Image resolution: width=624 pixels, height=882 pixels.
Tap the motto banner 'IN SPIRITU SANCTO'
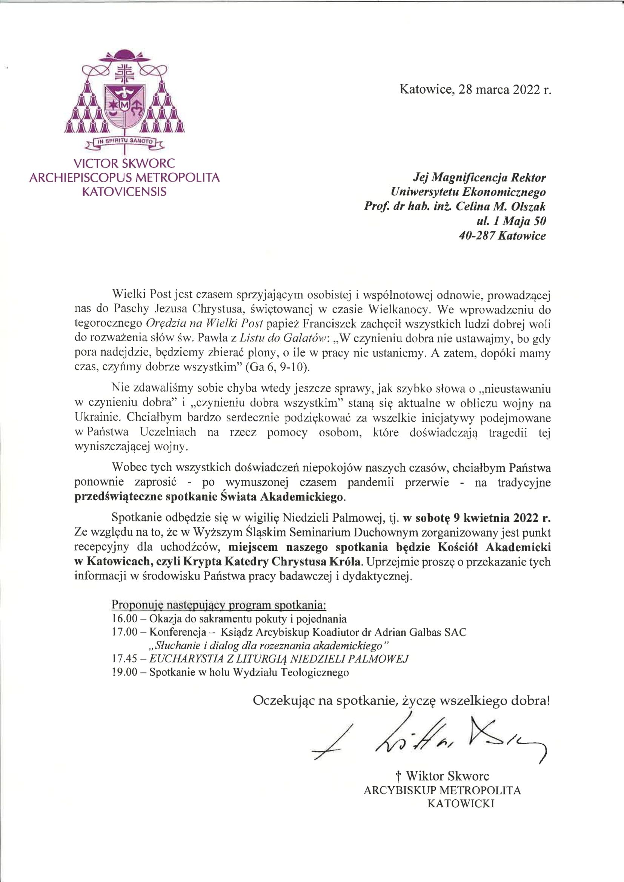pyautogui.click(x=125, y=141)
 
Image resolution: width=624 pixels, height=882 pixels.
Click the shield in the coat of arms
pyautogui.click(x=125, y=104)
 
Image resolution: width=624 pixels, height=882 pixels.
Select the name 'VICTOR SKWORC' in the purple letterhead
pyautogui.click(x=124, y=163)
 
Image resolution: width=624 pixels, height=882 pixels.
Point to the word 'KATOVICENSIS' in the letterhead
pyautogui.click(x=124, y=192)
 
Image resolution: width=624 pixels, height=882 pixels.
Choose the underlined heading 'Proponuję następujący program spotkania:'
pyautogui.click(x=219, y=605)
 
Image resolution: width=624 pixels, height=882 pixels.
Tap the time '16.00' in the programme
pyautogui.click(x=124, y=619)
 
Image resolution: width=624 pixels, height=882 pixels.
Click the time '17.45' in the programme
pyautogui.click(x=124, y=658)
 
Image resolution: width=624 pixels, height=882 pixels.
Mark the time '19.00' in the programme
pyautogui.click(x=124, y=672)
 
